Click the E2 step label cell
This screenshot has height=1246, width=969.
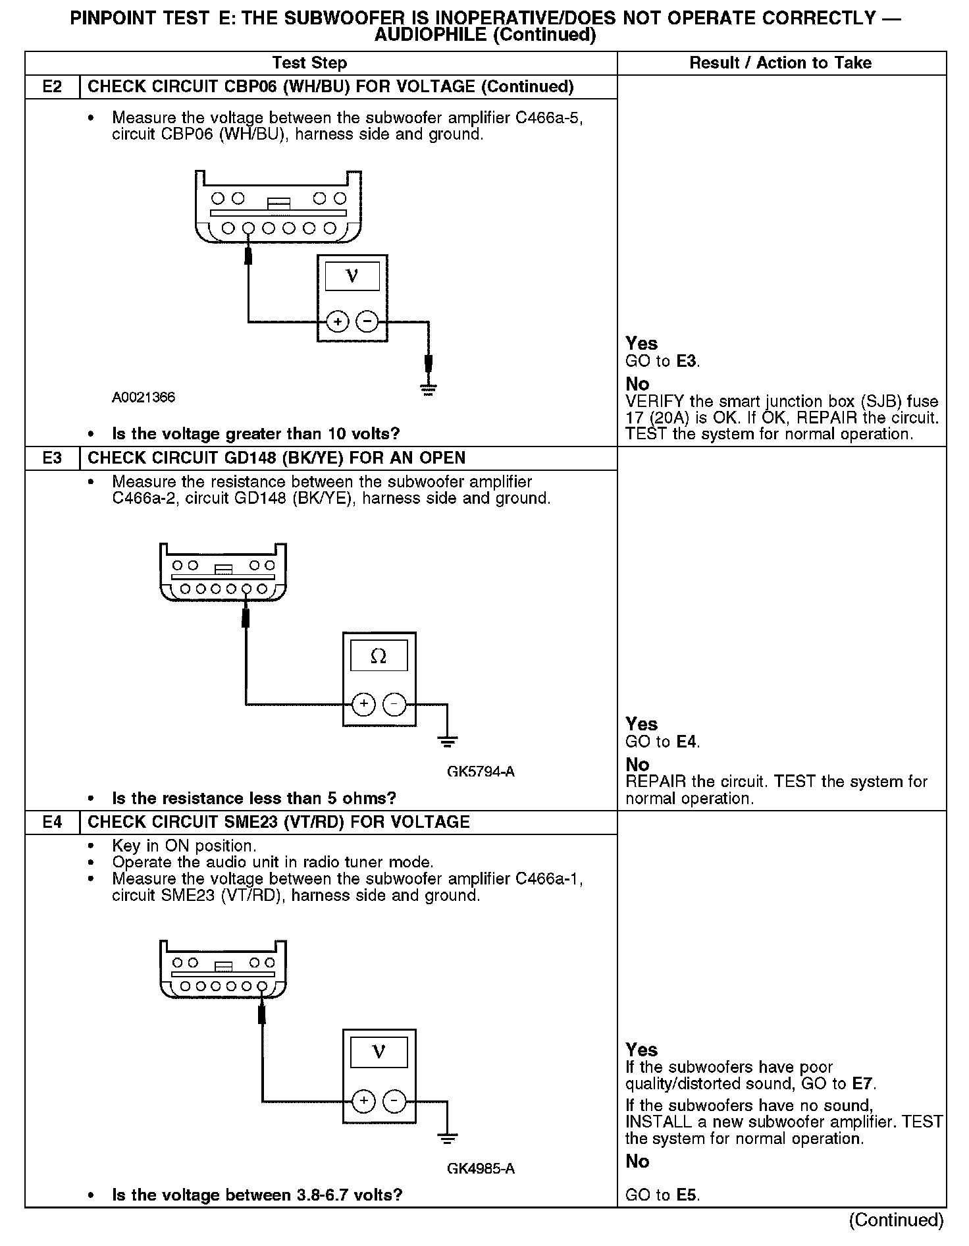pos(52,87)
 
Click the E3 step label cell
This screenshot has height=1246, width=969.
pos(52,458)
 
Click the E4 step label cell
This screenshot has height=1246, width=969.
pos(52,822)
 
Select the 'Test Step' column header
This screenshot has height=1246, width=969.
pos(309,63)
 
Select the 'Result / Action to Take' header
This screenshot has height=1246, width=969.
pos(780,63)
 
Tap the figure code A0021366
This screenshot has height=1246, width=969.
pos(144,398)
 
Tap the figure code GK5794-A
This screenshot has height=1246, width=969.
pos(481,771)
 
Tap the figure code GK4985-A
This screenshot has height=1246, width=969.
pos(481,1168)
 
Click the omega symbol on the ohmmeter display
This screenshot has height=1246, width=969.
pos(379,656)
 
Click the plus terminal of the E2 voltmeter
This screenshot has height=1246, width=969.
pos(338,322)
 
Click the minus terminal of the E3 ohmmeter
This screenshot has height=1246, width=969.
pos(394,704)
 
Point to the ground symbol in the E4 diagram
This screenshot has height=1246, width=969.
pos(447,1137)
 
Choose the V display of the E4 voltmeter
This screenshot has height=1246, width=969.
pos(379,1052)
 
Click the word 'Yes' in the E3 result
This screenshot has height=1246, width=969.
pos(641,724)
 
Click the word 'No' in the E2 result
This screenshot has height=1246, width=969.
pos(637,384)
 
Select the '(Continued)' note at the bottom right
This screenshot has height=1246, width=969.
pos(896,1220)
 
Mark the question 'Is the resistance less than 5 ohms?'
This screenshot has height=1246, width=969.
pos(254,799)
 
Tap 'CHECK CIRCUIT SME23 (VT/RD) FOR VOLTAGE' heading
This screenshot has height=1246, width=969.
pos(278,822)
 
